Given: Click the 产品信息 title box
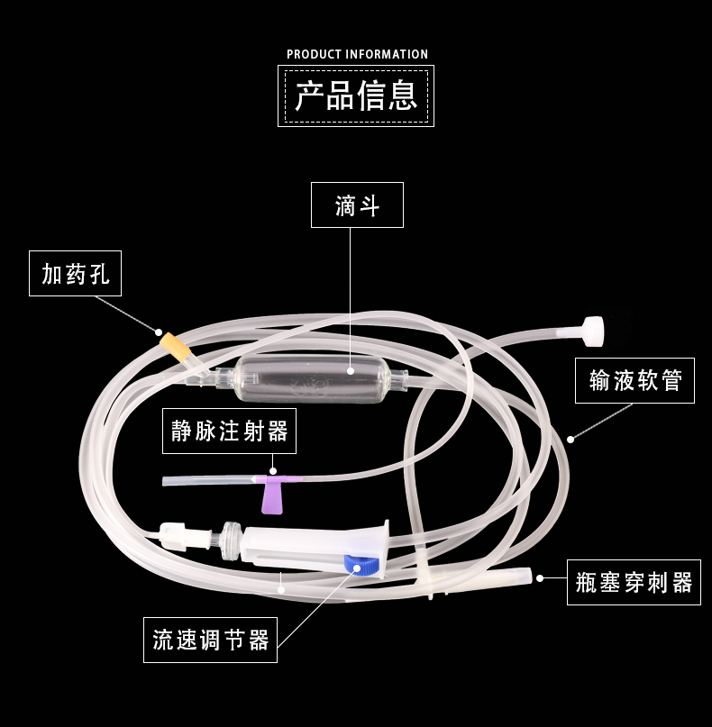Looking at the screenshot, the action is [x=356, y=96].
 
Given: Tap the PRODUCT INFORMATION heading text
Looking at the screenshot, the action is [x=357, y=54].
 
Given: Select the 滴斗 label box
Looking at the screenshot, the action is [x=357, y=204].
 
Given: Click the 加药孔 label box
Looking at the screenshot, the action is [x=75, y=274].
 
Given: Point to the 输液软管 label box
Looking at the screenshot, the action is [x=634, y=381].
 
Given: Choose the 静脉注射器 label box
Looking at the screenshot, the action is [x=229, y=432].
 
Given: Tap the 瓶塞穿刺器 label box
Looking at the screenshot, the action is [x=634, y=582].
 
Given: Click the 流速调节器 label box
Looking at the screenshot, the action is [x=210, y=640].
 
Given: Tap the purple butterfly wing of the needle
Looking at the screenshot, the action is [x=271, y=495].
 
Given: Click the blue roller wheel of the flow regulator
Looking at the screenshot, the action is [x=361, y=564].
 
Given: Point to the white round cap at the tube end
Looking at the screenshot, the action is [x=593, y=331].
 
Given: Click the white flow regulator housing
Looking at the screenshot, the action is [x=315, y=549].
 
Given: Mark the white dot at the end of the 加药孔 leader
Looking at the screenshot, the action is [x=159, y=332].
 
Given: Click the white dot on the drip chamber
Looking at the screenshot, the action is [x=351, y=371].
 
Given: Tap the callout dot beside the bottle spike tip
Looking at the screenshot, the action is [x=540, y=578].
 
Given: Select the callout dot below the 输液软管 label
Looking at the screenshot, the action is [x=571, y=440].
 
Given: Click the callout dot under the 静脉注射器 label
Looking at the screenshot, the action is [x=273, y=471].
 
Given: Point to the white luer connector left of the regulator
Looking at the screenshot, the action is [x=173, y=536].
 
